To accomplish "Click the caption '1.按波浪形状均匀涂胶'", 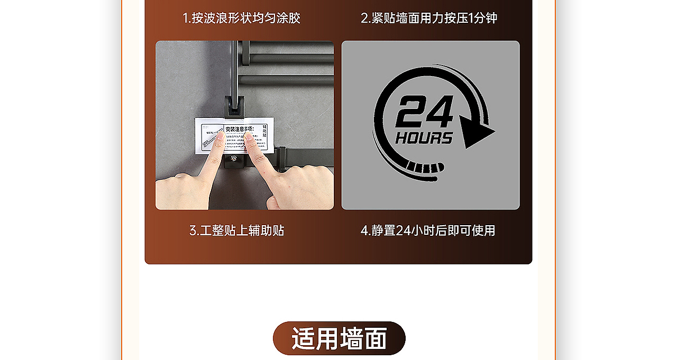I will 241,18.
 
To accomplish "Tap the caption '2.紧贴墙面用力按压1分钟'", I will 429,18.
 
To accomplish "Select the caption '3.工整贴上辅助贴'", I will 237,230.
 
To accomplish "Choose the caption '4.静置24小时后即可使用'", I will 428,230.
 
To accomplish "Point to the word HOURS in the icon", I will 424,139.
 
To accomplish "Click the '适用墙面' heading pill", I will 339,338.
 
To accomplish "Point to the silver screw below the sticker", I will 233,158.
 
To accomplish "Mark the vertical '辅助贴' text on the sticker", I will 265,133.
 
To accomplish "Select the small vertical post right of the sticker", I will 282,159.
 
